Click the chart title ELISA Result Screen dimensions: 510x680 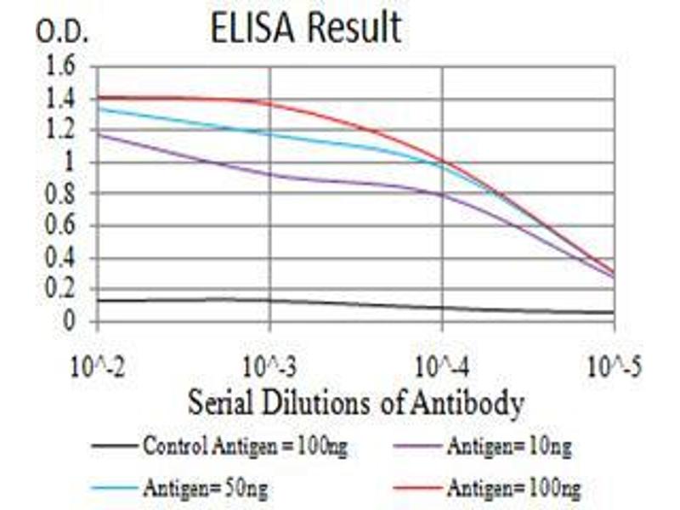point(306,27)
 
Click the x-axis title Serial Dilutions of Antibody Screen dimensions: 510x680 point(354,403)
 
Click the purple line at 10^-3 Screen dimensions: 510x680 point(270,174)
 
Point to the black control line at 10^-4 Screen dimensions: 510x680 point(443,308)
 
